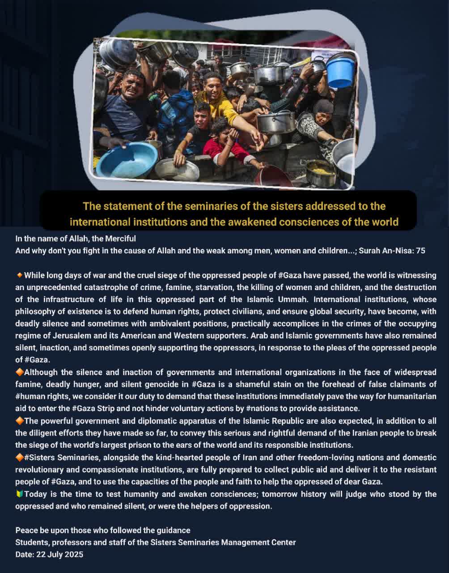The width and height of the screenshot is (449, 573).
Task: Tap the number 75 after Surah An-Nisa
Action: [420, 251]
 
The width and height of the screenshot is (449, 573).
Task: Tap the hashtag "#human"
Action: [30, 396]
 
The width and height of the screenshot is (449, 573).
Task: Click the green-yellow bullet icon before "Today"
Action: [19, 494]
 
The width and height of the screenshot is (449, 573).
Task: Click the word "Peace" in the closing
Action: [26, 530]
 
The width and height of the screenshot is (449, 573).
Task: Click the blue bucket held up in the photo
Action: [340, 72]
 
